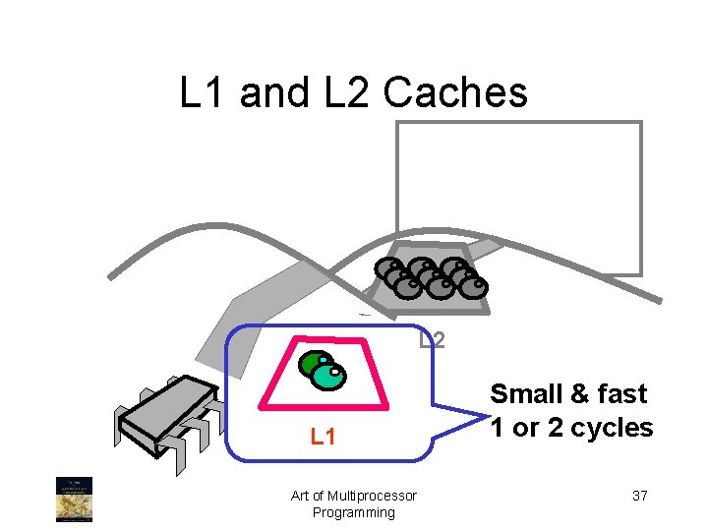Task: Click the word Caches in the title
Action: pos(455,93)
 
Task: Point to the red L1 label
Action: pos(324,436)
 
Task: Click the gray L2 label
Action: pos(432,340)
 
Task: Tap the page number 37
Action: pos(639,496)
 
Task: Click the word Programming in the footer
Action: pos(353,512)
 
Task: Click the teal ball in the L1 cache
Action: pos(331,375)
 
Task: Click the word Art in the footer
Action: pos(302,496)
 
